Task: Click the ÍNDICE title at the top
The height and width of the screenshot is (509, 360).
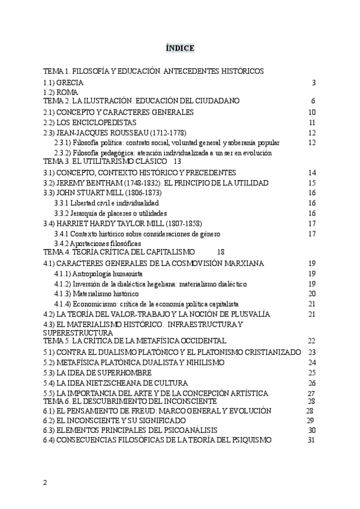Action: coord(180,48)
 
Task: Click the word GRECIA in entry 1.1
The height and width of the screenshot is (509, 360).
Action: coord(70,82)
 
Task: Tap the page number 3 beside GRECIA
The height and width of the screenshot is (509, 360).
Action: coord(314,82)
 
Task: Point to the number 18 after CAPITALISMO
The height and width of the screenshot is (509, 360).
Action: coord(220,253)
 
